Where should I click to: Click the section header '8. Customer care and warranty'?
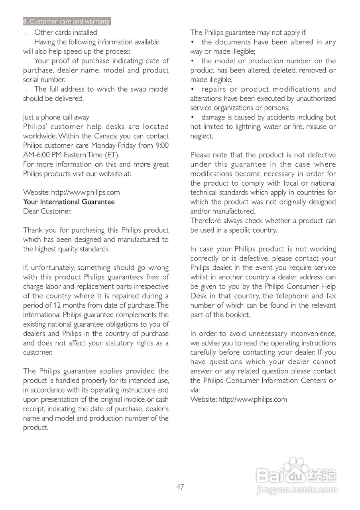point(67,22)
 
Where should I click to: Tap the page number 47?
point(180,486)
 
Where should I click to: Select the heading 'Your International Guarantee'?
point(69,202)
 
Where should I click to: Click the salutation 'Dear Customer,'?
point(47,212)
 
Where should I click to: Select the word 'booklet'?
point(237,315)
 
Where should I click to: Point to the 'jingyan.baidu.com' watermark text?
point(298,490)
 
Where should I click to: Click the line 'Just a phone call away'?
point(56,118)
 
